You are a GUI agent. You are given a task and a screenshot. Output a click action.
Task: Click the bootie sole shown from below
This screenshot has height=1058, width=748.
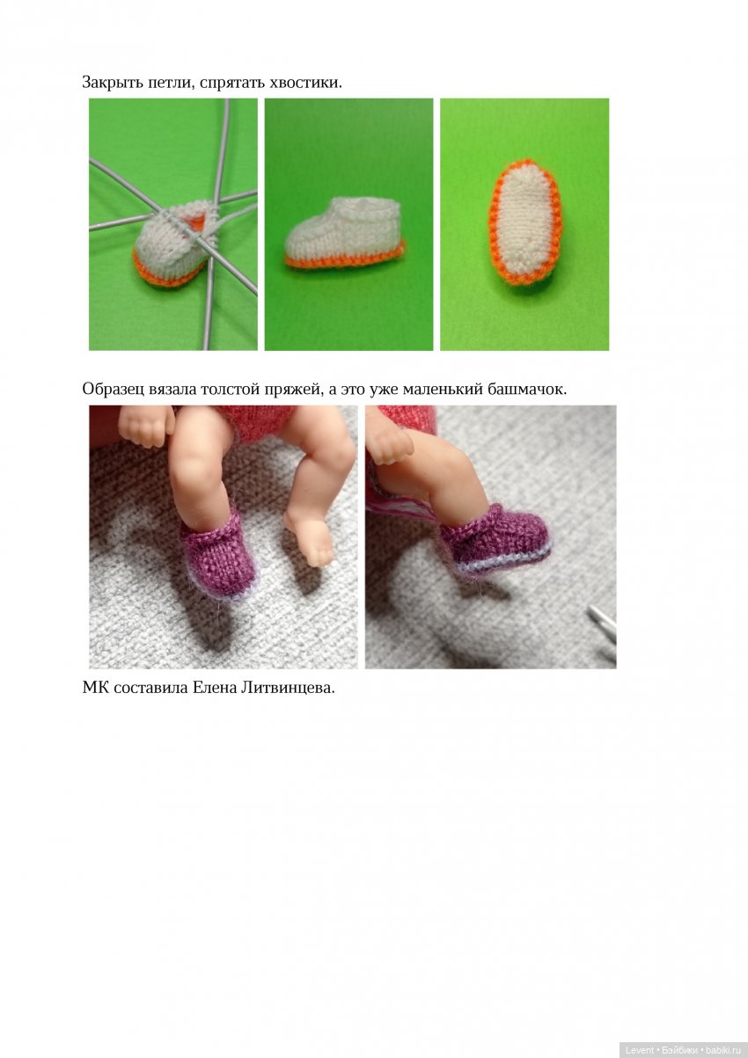tap(525, 223)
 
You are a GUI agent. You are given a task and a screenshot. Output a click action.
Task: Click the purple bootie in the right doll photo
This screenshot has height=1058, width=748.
tap(495, 540)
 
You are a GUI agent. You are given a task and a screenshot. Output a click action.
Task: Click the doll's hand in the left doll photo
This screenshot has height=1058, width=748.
tap(146, 426)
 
